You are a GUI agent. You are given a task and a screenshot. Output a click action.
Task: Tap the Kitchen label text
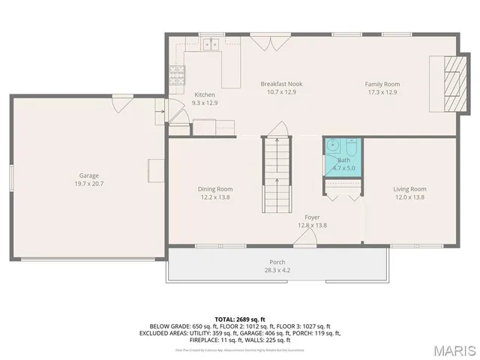[205, 94]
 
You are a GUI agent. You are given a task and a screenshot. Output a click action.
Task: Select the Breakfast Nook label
[281, 84]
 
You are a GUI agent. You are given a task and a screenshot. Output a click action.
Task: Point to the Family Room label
[382, 84]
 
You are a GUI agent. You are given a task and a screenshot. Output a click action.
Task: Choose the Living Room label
[409, 189]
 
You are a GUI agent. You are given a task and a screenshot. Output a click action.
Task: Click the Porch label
[277, 262]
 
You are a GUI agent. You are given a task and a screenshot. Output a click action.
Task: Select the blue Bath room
[343, 156]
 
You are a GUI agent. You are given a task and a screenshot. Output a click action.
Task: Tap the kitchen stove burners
[178, 73]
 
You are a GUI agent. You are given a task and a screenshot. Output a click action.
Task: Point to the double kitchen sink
[209, 45]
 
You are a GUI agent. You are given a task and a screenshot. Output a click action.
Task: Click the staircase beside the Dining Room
[277, 169]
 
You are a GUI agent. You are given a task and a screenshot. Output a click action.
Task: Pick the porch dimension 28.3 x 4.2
[277, 270]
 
